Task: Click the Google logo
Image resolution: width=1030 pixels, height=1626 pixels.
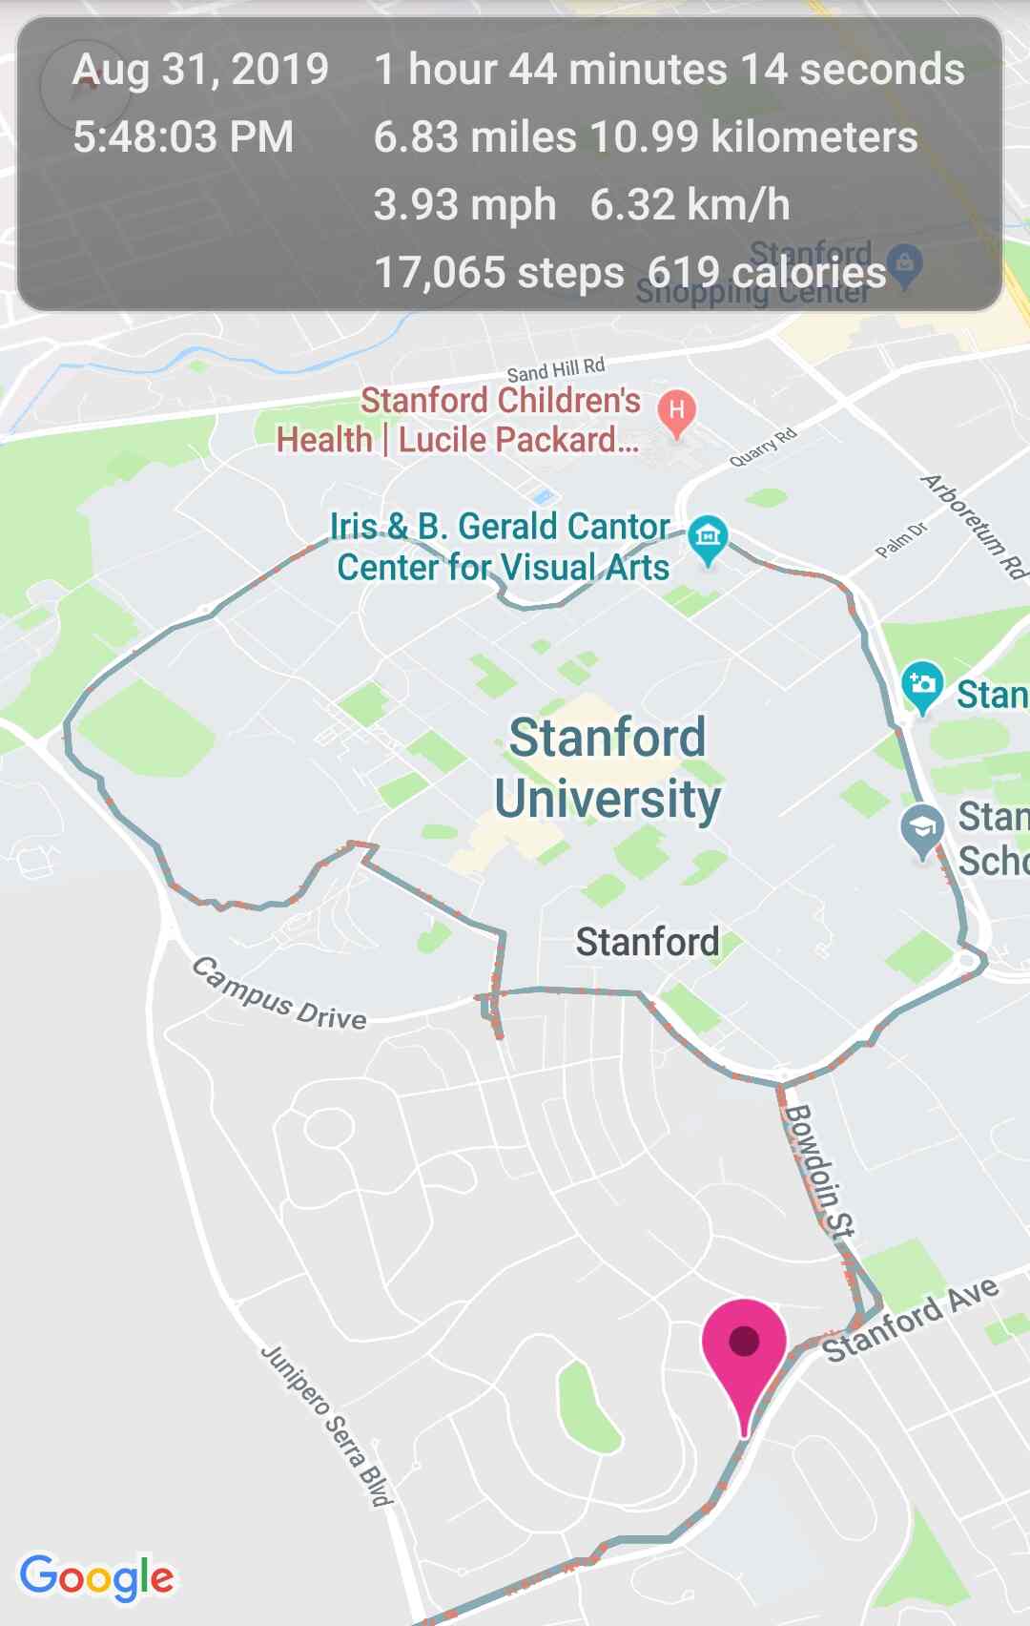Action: pos(96,1576)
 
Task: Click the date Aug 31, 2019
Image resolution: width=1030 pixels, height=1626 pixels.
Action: pos(201,70)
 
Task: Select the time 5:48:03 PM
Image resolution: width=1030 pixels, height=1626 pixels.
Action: pos(183,137)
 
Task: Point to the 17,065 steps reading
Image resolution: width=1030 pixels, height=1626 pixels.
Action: pos(499,273)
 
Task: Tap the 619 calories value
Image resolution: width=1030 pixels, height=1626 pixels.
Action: pos(767,273)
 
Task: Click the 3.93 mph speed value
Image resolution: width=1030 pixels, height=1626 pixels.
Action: pos(464,205)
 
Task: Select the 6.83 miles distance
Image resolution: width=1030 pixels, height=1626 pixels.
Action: pos(475,137)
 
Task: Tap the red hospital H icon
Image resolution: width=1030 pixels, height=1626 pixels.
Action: pos(676,411)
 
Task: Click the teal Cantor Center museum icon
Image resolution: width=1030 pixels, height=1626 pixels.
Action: pos(708,536)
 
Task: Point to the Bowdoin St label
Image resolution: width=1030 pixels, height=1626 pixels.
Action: pos(819,1172)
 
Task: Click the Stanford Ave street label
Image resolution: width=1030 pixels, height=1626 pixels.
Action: pos(911,1320)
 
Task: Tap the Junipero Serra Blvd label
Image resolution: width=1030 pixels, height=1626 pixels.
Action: pos(327,1426)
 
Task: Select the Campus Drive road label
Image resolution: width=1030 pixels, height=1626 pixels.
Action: pos(279,993)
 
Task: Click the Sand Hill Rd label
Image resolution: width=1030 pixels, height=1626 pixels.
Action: pos(556,370)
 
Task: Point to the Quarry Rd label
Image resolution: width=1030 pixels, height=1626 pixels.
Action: pos(762,448)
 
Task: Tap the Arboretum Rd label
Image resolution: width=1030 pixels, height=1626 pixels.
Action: pos(974,526)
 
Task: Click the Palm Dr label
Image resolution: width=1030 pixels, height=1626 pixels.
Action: pos(901,540)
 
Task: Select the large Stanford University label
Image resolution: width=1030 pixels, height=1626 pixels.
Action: pos(608,768)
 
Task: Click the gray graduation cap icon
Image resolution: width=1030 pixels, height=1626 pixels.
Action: pos(922,828)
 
